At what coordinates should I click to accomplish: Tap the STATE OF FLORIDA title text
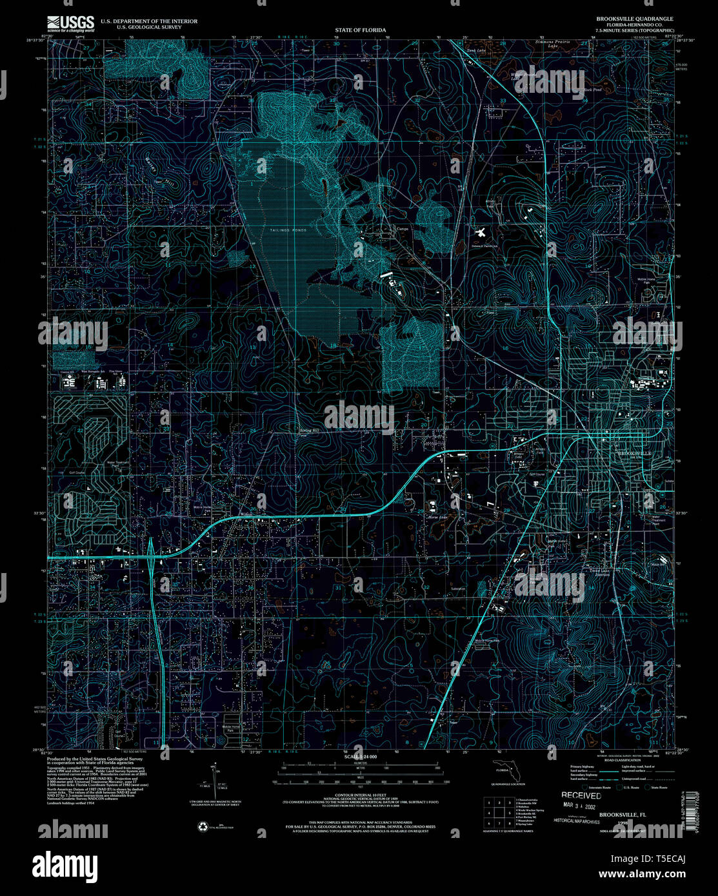point(360,30)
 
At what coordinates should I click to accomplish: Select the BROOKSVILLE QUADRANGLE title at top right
point(625,19)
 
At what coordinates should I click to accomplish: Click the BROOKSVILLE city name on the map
point(634,454)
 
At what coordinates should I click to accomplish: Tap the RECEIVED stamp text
point(581,796)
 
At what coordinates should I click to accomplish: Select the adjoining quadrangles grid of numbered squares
point(498,812)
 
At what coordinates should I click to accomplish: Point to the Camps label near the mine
point(403,228)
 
